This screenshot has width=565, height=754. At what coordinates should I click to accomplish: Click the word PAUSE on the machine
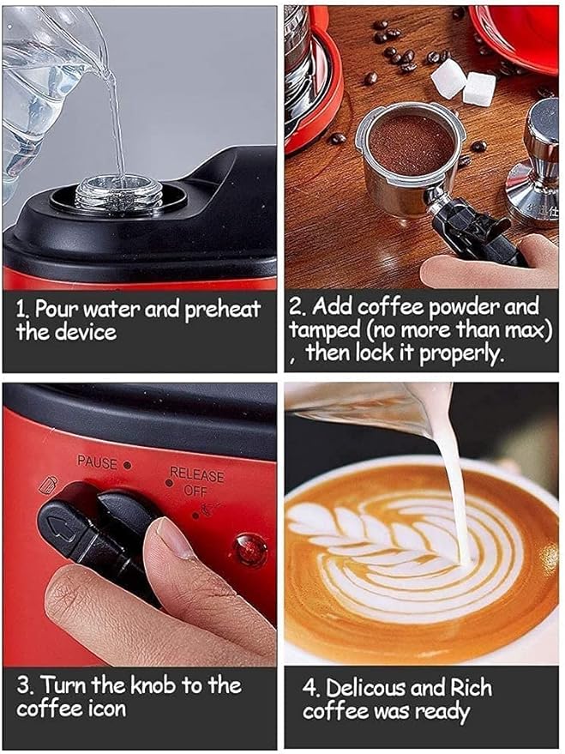[98, 461]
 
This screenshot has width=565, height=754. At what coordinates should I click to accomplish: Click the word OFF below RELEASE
[195, 490]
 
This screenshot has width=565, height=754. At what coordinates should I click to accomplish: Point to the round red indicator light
[250, 550]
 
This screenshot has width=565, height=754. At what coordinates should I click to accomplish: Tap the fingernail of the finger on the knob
[177, 539]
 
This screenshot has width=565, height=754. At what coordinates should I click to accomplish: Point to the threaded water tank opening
[118, 193]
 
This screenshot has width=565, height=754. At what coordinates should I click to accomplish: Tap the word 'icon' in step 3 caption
[105, 709]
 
